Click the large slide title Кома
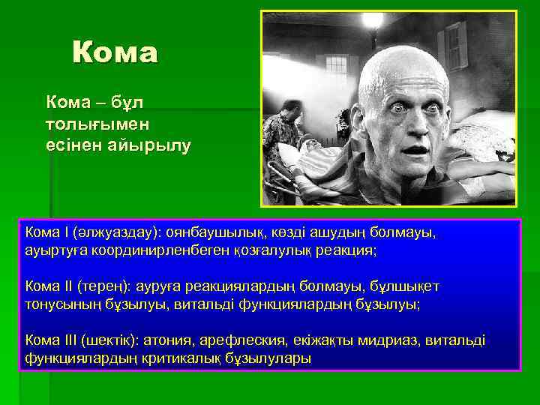coord(115,53)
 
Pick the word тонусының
coord(65,304)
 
